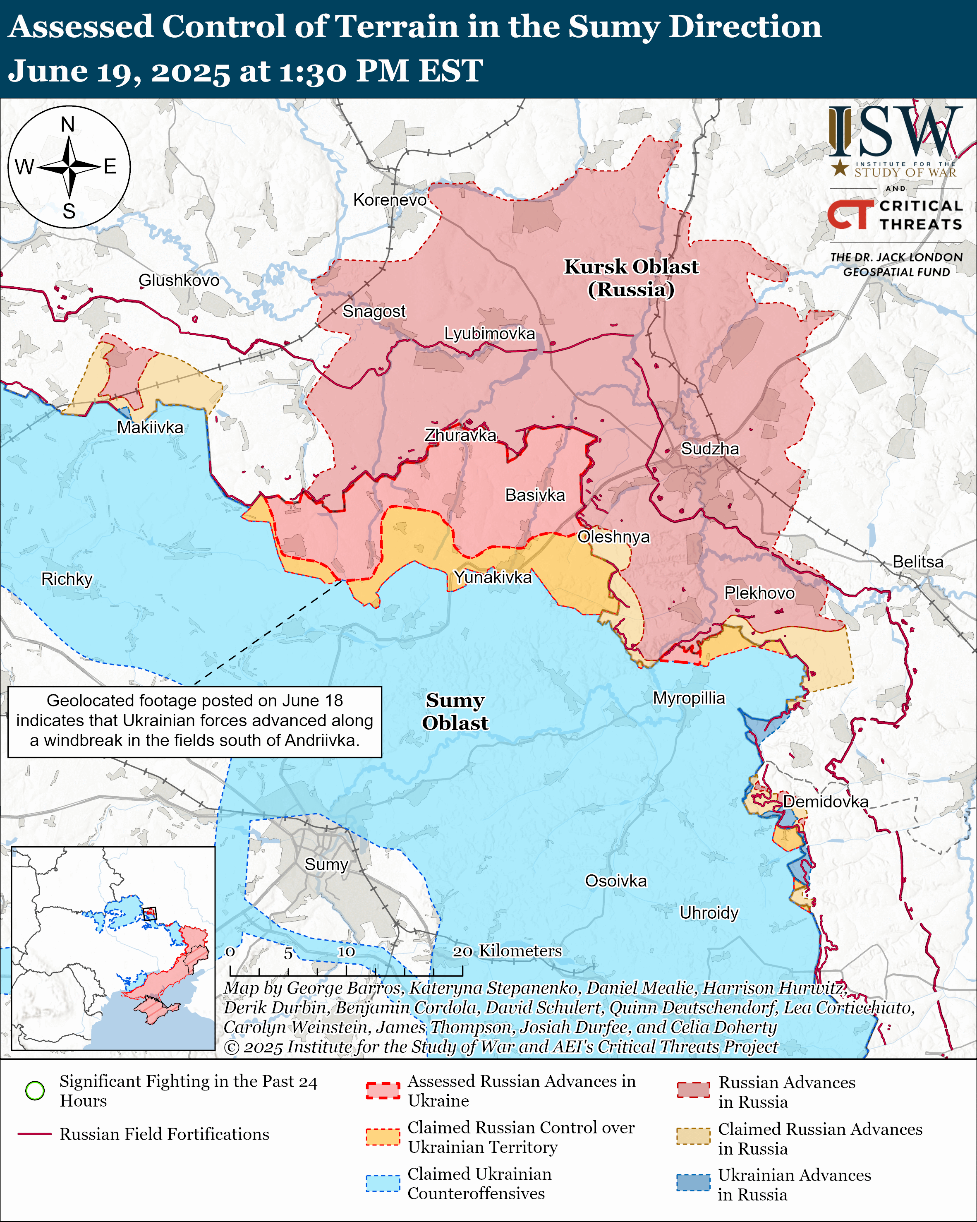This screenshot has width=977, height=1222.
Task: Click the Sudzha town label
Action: pos(710,449)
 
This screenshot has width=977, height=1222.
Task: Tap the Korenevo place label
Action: pos(390,200)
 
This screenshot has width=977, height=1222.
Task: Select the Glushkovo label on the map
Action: pos(179,280)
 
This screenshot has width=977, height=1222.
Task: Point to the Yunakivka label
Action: pos(493,577)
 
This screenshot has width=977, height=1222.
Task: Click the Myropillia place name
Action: pos(689,698)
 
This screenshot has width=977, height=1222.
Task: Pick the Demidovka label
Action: pos(825,802)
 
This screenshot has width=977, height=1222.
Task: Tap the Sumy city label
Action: pos(326,864)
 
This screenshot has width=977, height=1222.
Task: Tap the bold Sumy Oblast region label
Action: pos(455,711)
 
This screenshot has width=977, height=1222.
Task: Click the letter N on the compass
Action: pos(68,124)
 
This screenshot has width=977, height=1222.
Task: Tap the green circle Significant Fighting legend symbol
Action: pos(35,1090)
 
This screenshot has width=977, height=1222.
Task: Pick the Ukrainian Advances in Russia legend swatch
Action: pos(693,1182)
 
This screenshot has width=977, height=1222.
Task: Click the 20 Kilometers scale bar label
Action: pos(508,951)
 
